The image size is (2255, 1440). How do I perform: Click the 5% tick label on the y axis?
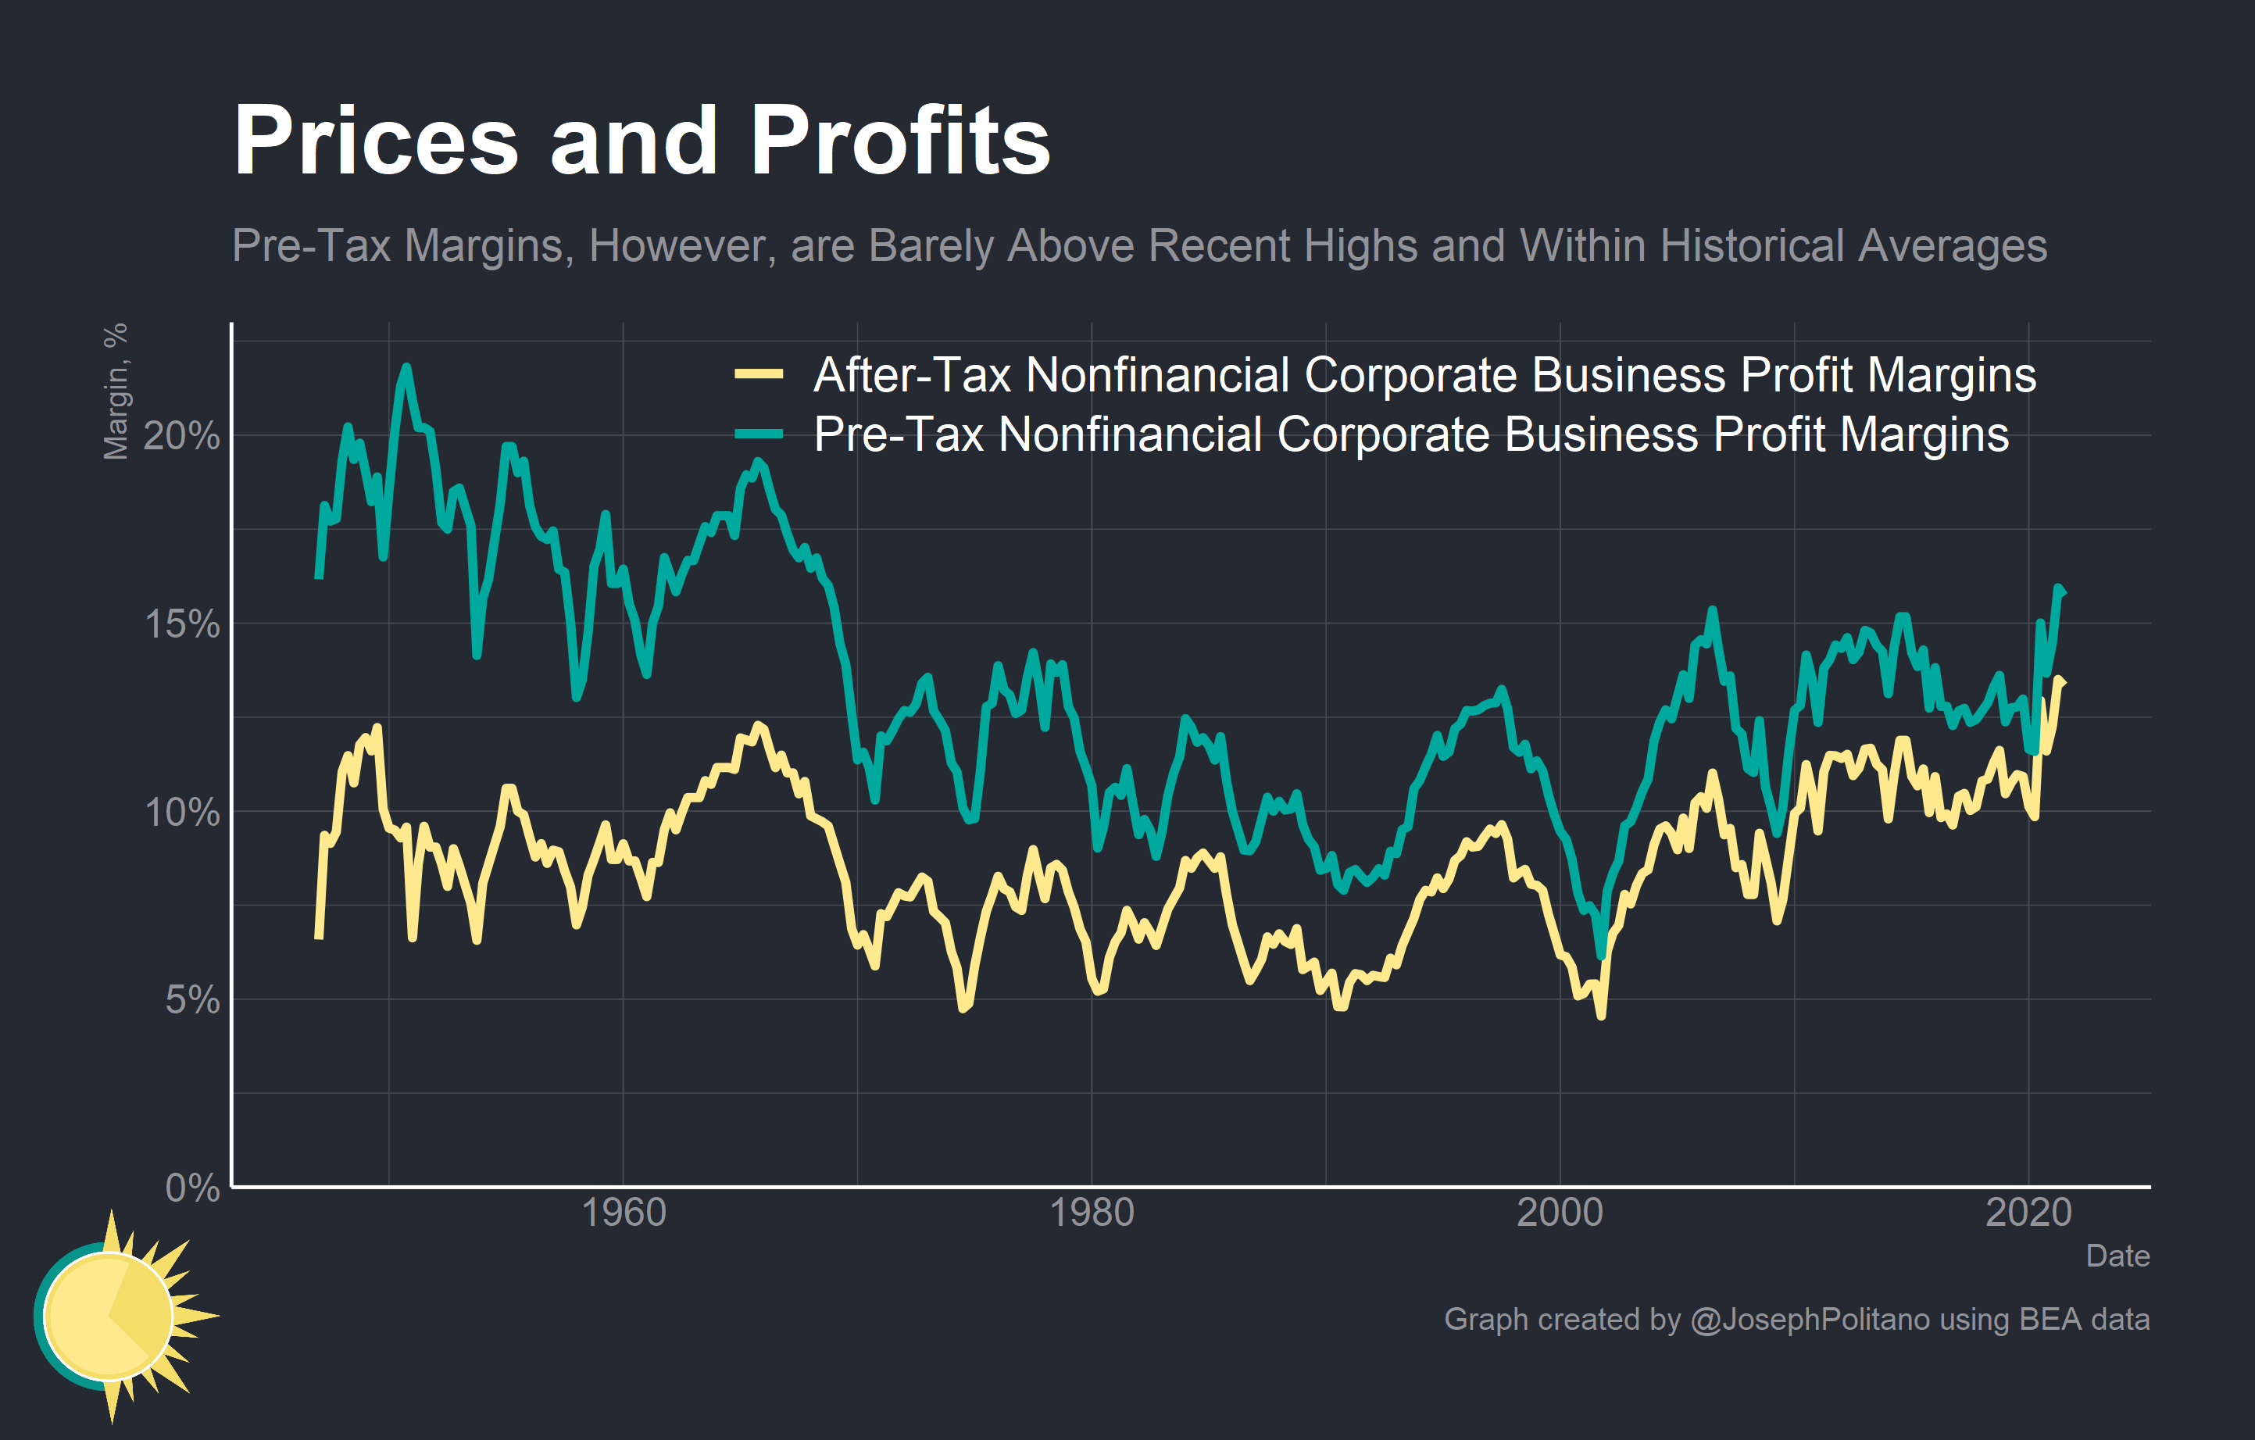point(192,1000)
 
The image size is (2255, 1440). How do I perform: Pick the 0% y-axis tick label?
point(192,1188)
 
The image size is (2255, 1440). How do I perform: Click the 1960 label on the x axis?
point(623,1213)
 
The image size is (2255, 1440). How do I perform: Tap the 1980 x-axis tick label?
point(1091,1213)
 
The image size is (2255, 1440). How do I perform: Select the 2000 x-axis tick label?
point(1560,1213)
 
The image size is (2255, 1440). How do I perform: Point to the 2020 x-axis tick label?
point(2028,1213)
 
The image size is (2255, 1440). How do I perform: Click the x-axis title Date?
point(2117,1256)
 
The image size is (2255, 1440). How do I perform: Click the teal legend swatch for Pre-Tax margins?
point(759,434)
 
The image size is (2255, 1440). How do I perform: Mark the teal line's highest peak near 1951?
point(406,367)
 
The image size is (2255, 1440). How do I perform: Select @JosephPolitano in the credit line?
point(1810,1319)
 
